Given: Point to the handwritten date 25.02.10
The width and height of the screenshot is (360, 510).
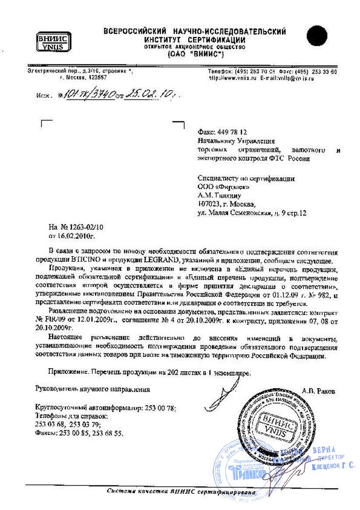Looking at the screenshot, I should tap(147, 93).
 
